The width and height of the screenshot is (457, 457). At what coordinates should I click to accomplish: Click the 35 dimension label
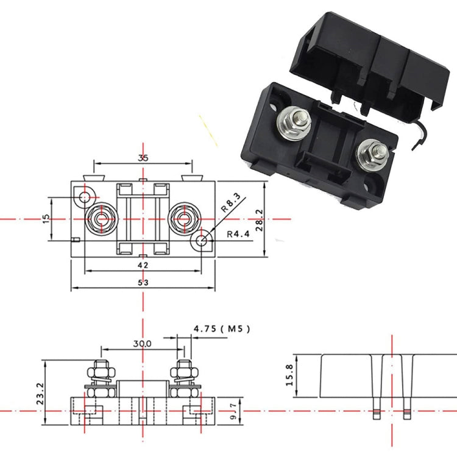click(143, 158)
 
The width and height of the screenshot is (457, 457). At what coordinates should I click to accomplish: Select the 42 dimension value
click(143, 265)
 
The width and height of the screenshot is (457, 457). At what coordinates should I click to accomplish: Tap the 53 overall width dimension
click(143, 282)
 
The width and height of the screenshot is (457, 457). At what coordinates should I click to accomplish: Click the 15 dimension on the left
click(46, 218)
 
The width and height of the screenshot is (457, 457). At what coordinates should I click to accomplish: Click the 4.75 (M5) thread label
click(222, 329)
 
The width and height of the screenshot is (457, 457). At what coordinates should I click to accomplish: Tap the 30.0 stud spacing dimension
click(142, 344)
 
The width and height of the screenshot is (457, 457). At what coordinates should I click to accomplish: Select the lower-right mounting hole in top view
click(201, 241)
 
